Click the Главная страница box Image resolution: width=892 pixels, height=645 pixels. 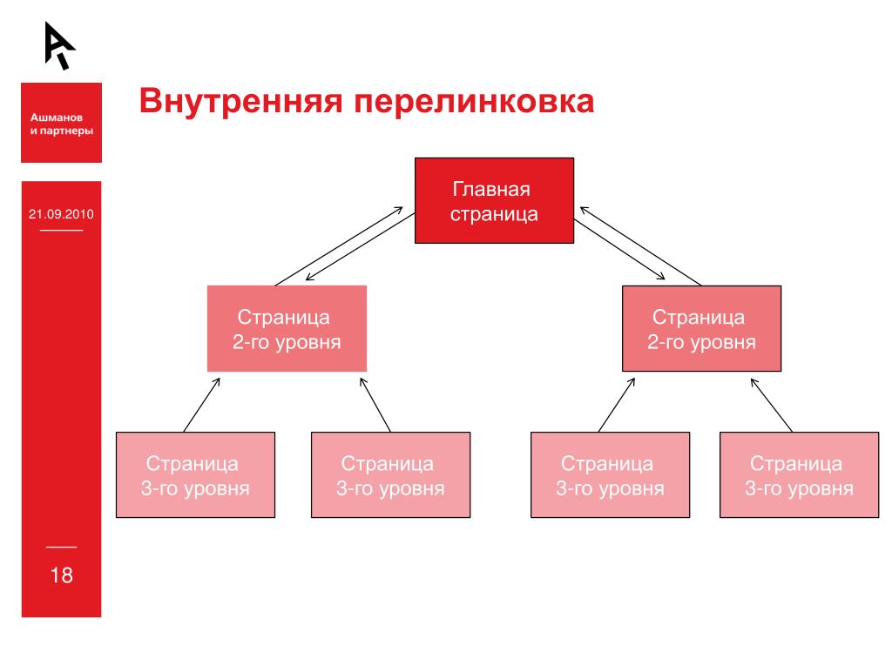point(493,201)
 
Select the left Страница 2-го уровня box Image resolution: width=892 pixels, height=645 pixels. point(287,327)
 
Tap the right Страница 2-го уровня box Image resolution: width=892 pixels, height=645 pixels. point(701,327)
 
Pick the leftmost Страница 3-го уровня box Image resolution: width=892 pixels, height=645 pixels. point(195,474)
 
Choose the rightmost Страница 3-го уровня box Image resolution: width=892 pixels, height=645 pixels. point(799,474)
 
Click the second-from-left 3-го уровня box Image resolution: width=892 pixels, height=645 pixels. point(391,474)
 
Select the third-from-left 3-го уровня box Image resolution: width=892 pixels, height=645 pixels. point(609,474)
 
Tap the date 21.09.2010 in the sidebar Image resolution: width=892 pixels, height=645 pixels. point(61,213)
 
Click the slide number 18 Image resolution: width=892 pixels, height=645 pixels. point(61,574)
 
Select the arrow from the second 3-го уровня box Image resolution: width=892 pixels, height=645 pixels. point(375,403)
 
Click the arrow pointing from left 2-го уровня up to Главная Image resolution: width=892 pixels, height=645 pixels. point(340,245)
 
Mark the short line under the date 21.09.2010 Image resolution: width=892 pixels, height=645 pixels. point(61,230)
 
